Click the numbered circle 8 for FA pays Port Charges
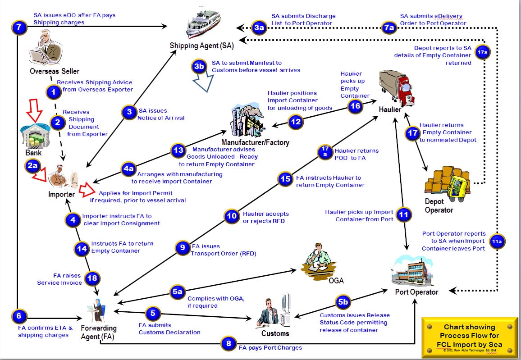click(229, 344)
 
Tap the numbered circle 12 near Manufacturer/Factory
click(296, 122)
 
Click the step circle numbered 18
click(92, 278)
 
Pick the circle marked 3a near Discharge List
click(259, 28)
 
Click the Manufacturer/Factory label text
click(256, 142)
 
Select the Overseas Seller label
click(55, 71)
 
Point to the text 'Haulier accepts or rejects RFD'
click(266, 217)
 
